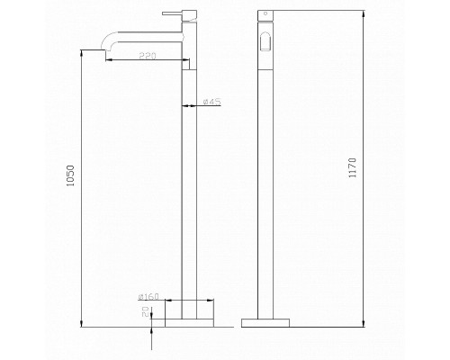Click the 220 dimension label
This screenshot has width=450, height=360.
tap(148, 56)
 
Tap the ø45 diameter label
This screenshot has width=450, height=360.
tap(211, 102)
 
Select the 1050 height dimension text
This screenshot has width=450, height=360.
tap(70, 175)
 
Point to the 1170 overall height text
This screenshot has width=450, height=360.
tap(353, 167)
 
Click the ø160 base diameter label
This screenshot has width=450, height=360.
tap(148, 297)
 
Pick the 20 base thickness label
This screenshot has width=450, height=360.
tap(146, 311)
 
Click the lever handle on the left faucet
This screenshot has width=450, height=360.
tap(173, 13)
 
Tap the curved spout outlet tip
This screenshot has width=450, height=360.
tap(103, 48)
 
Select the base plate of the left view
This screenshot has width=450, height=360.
tap(189, 323)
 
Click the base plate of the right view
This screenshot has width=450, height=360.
tap(265, 323)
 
